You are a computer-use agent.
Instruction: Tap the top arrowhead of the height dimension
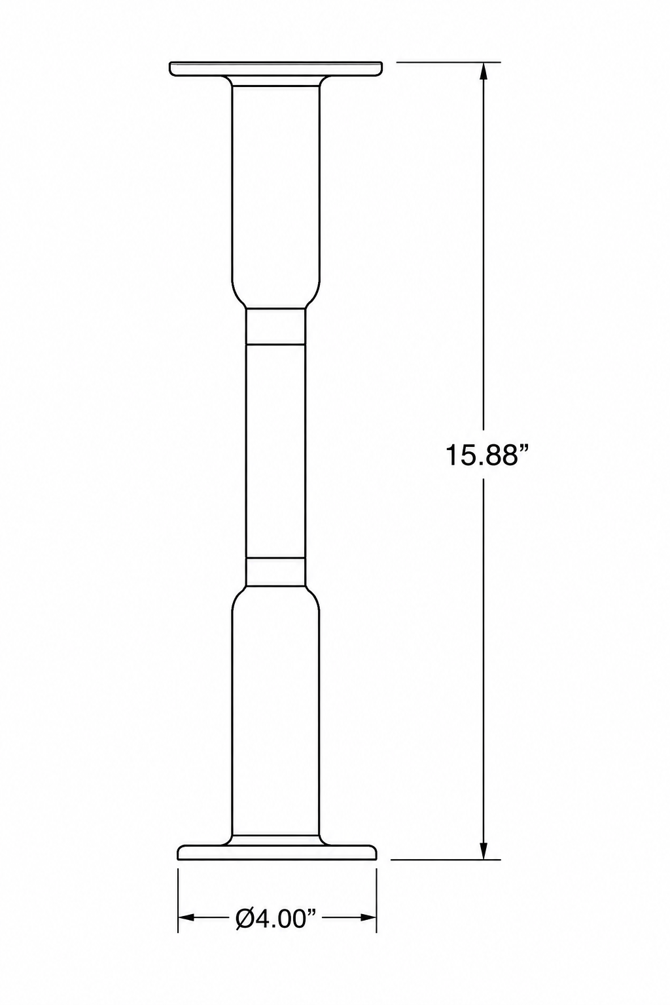484,72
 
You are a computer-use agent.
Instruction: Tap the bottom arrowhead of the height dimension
484,849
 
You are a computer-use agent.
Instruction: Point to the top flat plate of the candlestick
276,69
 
